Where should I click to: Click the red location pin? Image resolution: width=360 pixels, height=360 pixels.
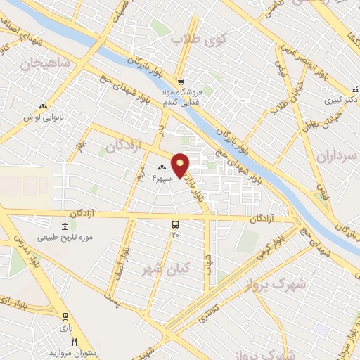(x=181, y=165)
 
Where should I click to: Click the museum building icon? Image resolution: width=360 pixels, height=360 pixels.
(x=65, y=226)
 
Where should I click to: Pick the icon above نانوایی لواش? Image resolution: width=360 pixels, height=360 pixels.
(x=43, y=107)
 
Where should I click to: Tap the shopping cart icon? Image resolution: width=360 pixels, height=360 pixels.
(x=180, y=81)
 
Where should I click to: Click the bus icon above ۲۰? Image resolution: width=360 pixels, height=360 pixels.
(x=174, y=224)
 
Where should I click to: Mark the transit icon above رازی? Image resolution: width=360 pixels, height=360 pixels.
(x=65, y=316)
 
